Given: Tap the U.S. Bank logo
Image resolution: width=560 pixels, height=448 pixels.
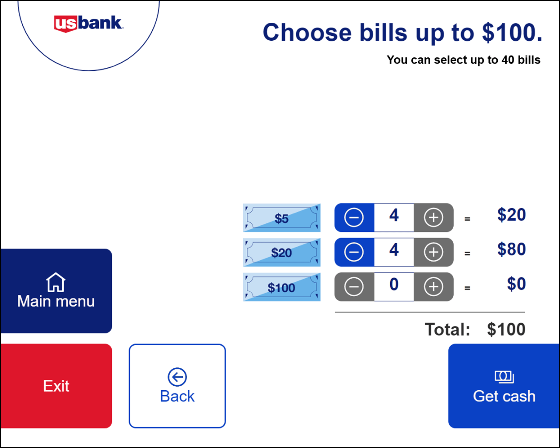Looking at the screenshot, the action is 88,24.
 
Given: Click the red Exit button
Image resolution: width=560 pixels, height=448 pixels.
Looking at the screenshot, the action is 56,386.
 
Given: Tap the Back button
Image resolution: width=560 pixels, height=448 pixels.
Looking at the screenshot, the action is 177,386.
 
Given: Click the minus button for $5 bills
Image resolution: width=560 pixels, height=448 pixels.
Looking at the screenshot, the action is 354,217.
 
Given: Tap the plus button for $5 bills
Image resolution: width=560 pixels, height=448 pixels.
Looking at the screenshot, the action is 434,217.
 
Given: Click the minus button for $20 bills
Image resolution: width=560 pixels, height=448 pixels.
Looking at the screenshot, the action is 354,252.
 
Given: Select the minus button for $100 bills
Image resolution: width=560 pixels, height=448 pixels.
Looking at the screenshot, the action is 354,287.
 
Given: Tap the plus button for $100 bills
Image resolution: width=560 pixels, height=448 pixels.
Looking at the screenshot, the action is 434,287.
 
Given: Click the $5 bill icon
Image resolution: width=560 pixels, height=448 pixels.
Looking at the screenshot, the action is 282,218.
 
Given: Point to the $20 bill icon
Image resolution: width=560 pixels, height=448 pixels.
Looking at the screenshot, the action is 282,252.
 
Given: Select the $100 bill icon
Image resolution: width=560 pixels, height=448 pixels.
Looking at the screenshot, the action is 282,287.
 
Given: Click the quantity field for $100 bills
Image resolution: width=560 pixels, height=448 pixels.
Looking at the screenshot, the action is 394,287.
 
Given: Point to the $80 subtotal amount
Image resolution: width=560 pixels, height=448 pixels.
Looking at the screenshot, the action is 511,249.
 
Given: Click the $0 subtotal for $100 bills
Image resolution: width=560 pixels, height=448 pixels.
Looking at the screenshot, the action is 517,284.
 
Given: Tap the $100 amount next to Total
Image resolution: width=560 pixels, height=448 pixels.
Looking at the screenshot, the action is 506,329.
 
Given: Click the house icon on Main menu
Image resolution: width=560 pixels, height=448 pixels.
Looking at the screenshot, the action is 56,282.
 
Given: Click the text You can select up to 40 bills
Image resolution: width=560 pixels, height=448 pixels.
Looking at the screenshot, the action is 463,60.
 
